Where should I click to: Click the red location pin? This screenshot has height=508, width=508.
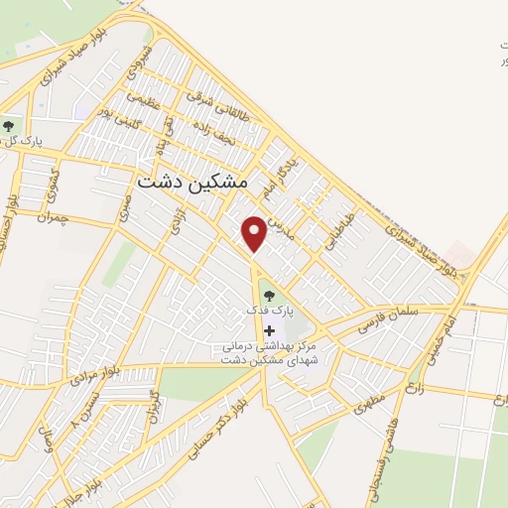[x=255, y=234]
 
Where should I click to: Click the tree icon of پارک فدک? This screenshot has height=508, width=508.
[x=267, y=294]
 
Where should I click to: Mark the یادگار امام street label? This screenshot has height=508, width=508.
[x=272, y=170]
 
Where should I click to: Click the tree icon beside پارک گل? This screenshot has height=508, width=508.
[x=10, y=126]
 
